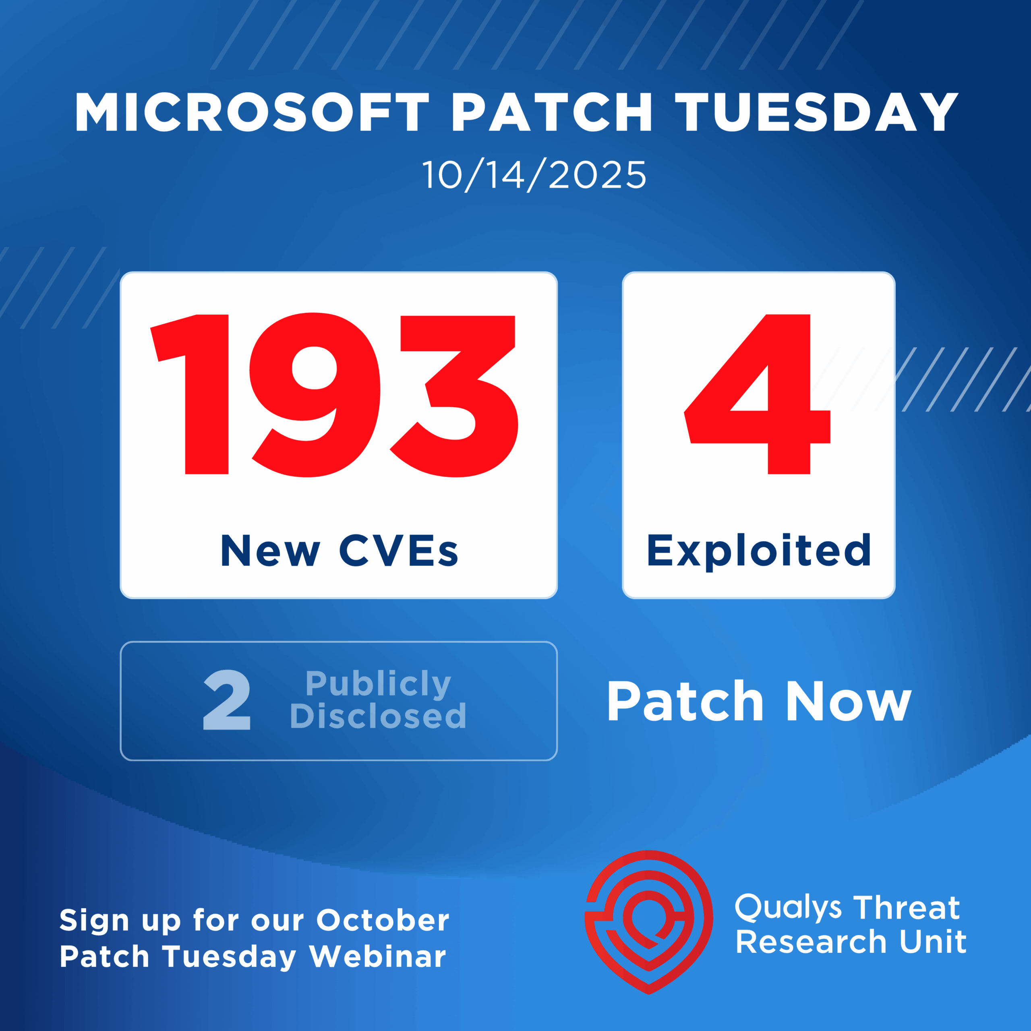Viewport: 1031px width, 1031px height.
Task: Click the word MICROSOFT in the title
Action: tap(252, 112)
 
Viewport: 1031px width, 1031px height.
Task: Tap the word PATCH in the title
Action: tap(552, 112)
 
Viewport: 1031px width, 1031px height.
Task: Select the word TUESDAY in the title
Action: tap(817, 112)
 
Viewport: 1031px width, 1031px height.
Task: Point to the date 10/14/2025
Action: tap(534, 176)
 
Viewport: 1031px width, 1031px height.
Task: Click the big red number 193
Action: tap(334, 394)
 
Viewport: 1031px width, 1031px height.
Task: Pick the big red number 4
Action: tap(757, 394)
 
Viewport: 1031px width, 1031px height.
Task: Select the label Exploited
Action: tap(758, 552)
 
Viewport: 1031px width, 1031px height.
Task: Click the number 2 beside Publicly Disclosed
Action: tap(227, 700)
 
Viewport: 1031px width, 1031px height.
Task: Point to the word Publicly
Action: tap(378, 684)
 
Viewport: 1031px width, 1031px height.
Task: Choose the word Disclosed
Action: tap(378, 715)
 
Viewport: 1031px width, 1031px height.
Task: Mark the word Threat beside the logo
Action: tap(908, 908)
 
